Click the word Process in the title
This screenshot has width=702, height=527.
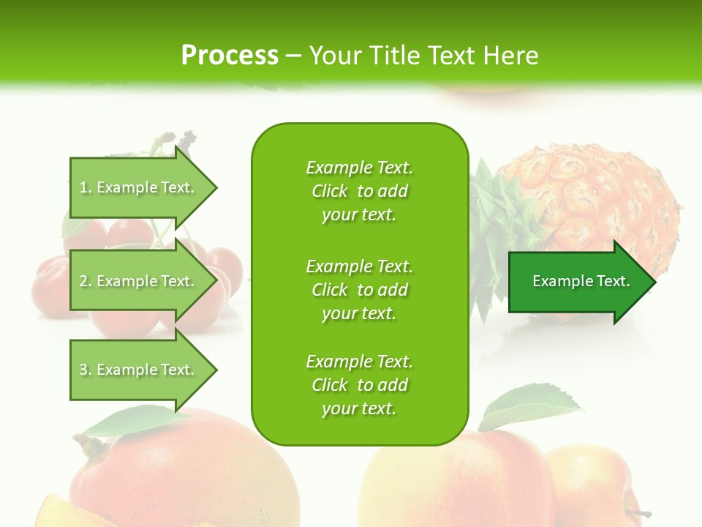230,55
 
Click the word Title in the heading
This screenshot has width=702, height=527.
393,55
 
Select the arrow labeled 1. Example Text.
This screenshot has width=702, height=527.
139,187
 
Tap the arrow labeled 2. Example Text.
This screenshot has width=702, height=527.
139,281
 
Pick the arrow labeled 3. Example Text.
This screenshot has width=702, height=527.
139,370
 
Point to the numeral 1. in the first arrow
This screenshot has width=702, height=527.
86,187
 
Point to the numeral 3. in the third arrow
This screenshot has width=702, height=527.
86,370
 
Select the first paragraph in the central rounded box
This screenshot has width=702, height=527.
359,191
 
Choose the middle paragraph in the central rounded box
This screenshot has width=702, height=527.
359,290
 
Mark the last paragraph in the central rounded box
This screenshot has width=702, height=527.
359,385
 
